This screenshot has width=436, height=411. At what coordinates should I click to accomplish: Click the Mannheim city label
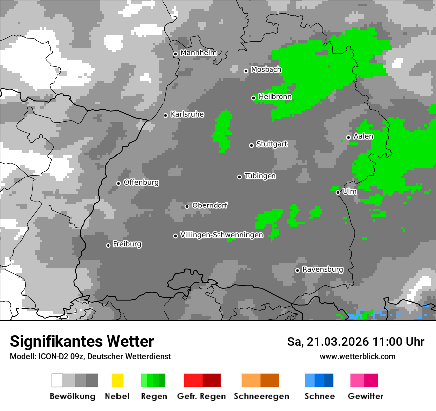pyautogui.click(x=199, y=53)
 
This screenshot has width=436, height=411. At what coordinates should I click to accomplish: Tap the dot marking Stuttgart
pyautogui.click(x=251, y=145)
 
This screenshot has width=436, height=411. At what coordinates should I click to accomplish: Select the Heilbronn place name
pyautogui.click(x=275, y=97)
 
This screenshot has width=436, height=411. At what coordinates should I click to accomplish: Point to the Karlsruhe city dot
pyautogui.click(x=166, y=115)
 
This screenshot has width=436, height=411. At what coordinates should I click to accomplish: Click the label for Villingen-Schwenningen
pyautogui.click(x=221, y=235)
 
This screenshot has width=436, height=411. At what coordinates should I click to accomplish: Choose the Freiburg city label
pyautogui.click(x=127, y=244)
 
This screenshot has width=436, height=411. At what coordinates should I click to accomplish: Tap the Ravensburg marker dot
pyautogui.click(x=297, y=270)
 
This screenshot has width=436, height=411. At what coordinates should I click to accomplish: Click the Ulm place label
pyautogui.click(x=349, y=191)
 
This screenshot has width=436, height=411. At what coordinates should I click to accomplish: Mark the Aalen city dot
pyautogui.click(x=348, y=137)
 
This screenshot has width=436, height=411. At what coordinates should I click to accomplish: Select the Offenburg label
pyautogui.click(x=141, y=182)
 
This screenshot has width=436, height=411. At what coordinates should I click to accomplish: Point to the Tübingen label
pyautogui.click(x=260, y=176)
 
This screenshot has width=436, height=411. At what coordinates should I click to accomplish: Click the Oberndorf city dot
pyautogui.click(x=187, y=206)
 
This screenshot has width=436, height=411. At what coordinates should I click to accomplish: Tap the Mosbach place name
pyautogui.click(x=266, y=70)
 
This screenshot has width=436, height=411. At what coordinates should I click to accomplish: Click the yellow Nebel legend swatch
pyautogui.click(x=117, y=380)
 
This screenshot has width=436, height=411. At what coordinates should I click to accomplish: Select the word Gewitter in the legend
pyautogui.click(x=366, y=396)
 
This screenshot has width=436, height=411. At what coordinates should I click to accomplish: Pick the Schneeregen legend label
pyautogui.click(x=261, y=396)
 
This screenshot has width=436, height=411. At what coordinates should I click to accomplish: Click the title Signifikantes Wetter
pyautogui.click(x=82, y=341)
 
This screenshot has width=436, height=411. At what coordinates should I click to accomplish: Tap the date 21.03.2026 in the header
pyautogui.click(x=341, y=342)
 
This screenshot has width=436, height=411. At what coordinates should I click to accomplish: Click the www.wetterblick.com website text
pyautogui.click(x=357, y=356)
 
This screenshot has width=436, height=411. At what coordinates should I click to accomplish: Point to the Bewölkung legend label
pyautogui.click(x=72, y=396)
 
